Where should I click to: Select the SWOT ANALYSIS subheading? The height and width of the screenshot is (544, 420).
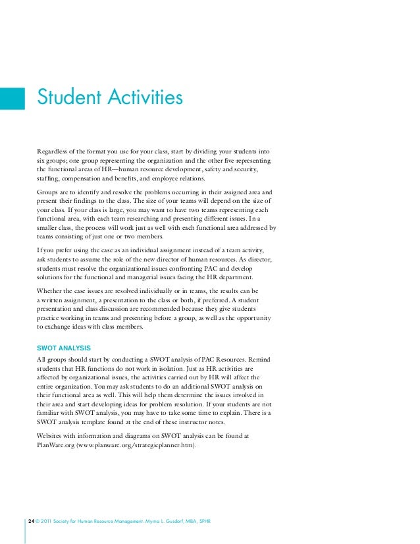(x=64, y=347)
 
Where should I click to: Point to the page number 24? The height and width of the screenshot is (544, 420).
(x=31, y=522)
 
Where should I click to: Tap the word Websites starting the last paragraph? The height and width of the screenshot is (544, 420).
(x=52, y=436)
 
